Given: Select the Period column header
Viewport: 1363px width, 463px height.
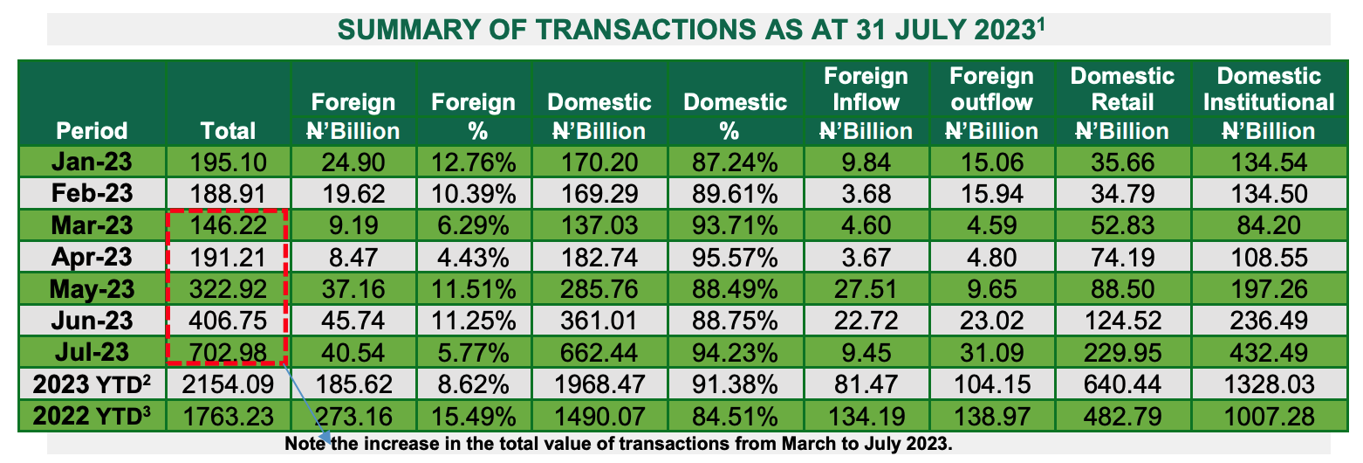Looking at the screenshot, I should coord(92,131).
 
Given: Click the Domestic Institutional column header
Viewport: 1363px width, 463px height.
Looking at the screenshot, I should coord(1269,103).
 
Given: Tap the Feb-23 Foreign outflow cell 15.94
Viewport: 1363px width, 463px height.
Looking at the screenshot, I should coord(991,193).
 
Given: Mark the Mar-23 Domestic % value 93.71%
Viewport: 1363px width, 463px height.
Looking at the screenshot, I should coord(730,225).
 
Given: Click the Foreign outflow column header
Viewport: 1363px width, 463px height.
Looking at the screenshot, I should coord(991,103).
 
